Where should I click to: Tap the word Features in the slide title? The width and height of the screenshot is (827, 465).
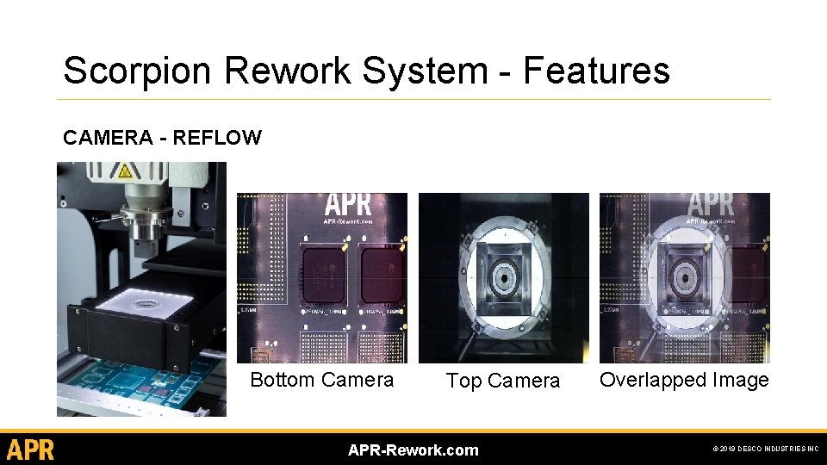pyautogui.click(x=596, y=70)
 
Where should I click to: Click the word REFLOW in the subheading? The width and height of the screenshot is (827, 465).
pyautogui.click(x=217, y=138)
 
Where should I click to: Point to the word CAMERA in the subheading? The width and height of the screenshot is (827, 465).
pyautogui.click(x=104, y=138)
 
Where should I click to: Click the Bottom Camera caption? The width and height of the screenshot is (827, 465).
pyautogui.click(x=321, y=380)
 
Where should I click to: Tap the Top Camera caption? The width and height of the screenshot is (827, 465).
pyautogui.click(x=503, y=381)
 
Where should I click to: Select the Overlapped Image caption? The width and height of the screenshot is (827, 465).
pyautogui.click(x=684, y=380)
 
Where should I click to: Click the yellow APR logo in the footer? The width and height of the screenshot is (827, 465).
pyautogui.click(x=31, y=449)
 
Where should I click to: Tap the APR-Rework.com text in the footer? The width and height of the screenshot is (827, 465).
pyautogui.click(x=413, y=449)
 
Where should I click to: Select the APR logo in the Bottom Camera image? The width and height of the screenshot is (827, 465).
pyautogui.click(x=348, y=207)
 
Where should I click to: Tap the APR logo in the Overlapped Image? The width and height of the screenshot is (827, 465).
pyautogui.click(x=711, y=207)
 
